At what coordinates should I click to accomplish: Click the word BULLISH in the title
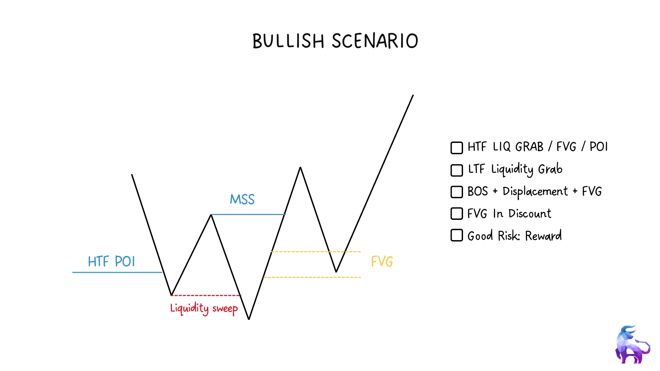tap(288, 41)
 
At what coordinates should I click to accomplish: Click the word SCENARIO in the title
tap(375, 41)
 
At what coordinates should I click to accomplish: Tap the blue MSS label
tap(242, 199)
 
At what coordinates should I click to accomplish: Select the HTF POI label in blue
tap(111, 261)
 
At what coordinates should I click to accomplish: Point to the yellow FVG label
tap(382, 261)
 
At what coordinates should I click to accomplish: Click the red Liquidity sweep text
tap(204, 308)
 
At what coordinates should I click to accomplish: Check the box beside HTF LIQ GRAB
tap(457, 148)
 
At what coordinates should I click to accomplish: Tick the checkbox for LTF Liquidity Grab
tap(457, 170)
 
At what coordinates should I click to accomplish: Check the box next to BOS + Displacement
tap(457, 192)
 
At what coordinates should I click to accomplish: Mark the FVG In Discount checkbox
tap(457, 214)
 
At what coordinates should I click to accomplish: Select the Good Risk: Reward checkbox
tap(457, 236)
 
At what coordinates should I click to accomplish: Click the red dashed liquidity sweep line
tap(206, 295)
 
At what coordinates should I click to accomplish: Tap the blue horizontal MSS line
tap(248, 214)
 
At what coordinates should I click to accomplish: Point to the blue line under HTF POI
tap(117, 272)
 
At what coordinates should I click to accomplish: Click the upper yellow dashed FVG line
tap(316, 251)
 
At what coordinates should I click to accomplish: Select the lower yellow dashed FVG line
tap(312, 277)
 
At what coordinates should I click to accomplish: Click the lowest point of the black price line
tap(249, 319)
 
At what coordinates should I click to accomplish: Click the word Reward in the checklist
tap(543, 236)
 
